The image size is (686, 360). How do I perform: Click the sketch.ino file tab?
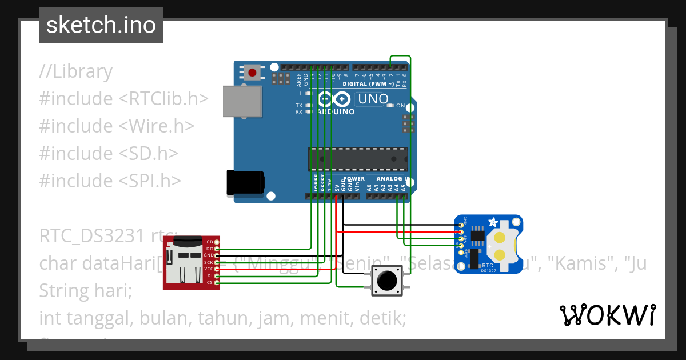(x=101, y=25)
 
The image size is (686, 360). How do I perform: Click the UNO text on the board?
(x=372, y=99)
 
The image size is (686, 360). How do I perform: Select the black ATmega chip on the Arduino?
(x=358, y=159)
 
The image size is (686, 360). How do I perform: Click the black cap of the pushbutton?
(x=387, y=281)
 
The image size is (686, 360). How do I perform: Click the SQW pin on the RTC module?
(x=461, y=252)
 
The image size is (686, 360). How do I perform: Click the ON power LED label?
(x=400, y=106)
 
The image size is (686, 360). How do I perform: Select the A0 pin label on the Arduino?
(x=369, y=187)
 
